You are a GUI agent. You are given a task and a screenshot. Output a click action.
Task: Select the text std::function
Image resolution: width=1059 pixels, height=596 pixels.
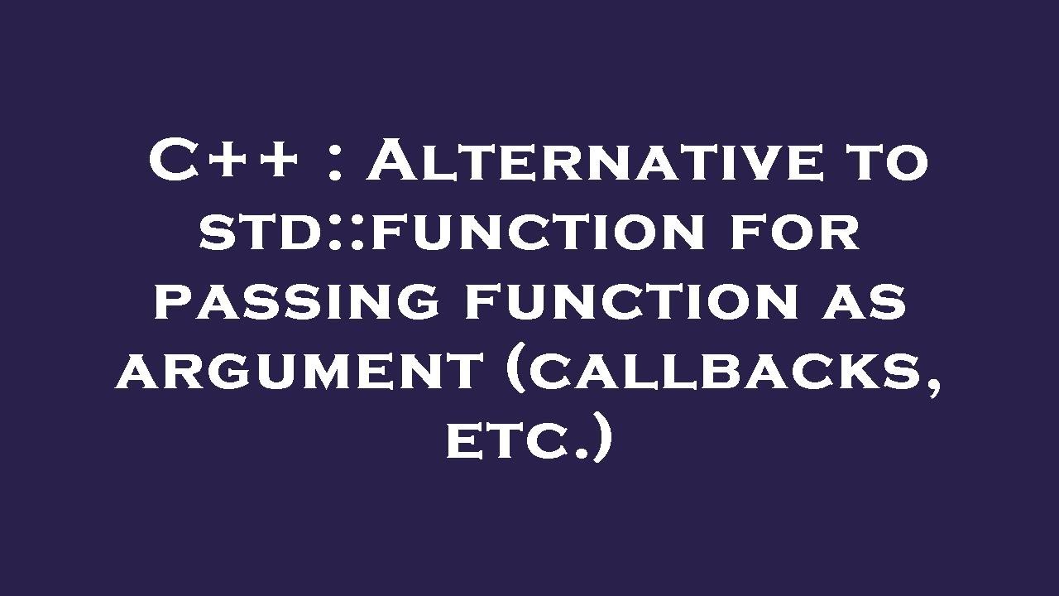click(x=452, y=231)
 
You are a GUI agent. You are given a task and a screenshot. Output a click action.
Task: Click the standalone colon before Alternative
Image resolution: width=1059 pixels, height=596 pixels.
click(x=334, y=164)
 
